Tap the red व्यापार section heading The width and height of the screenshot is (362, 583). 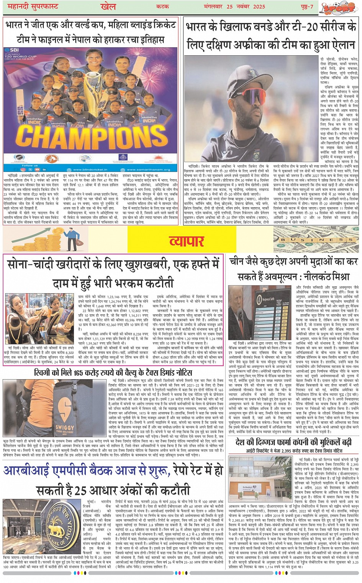coord(187,241)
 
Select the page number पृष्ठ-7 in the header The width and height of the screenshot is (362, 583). coord(306,7)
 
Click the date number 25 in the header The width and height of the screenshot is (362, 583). coord(229,7)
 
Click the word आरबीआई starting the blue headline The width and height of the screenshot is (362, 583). coord(29,471)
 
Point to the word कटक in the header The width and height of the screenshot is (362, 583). coord(162,7)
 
